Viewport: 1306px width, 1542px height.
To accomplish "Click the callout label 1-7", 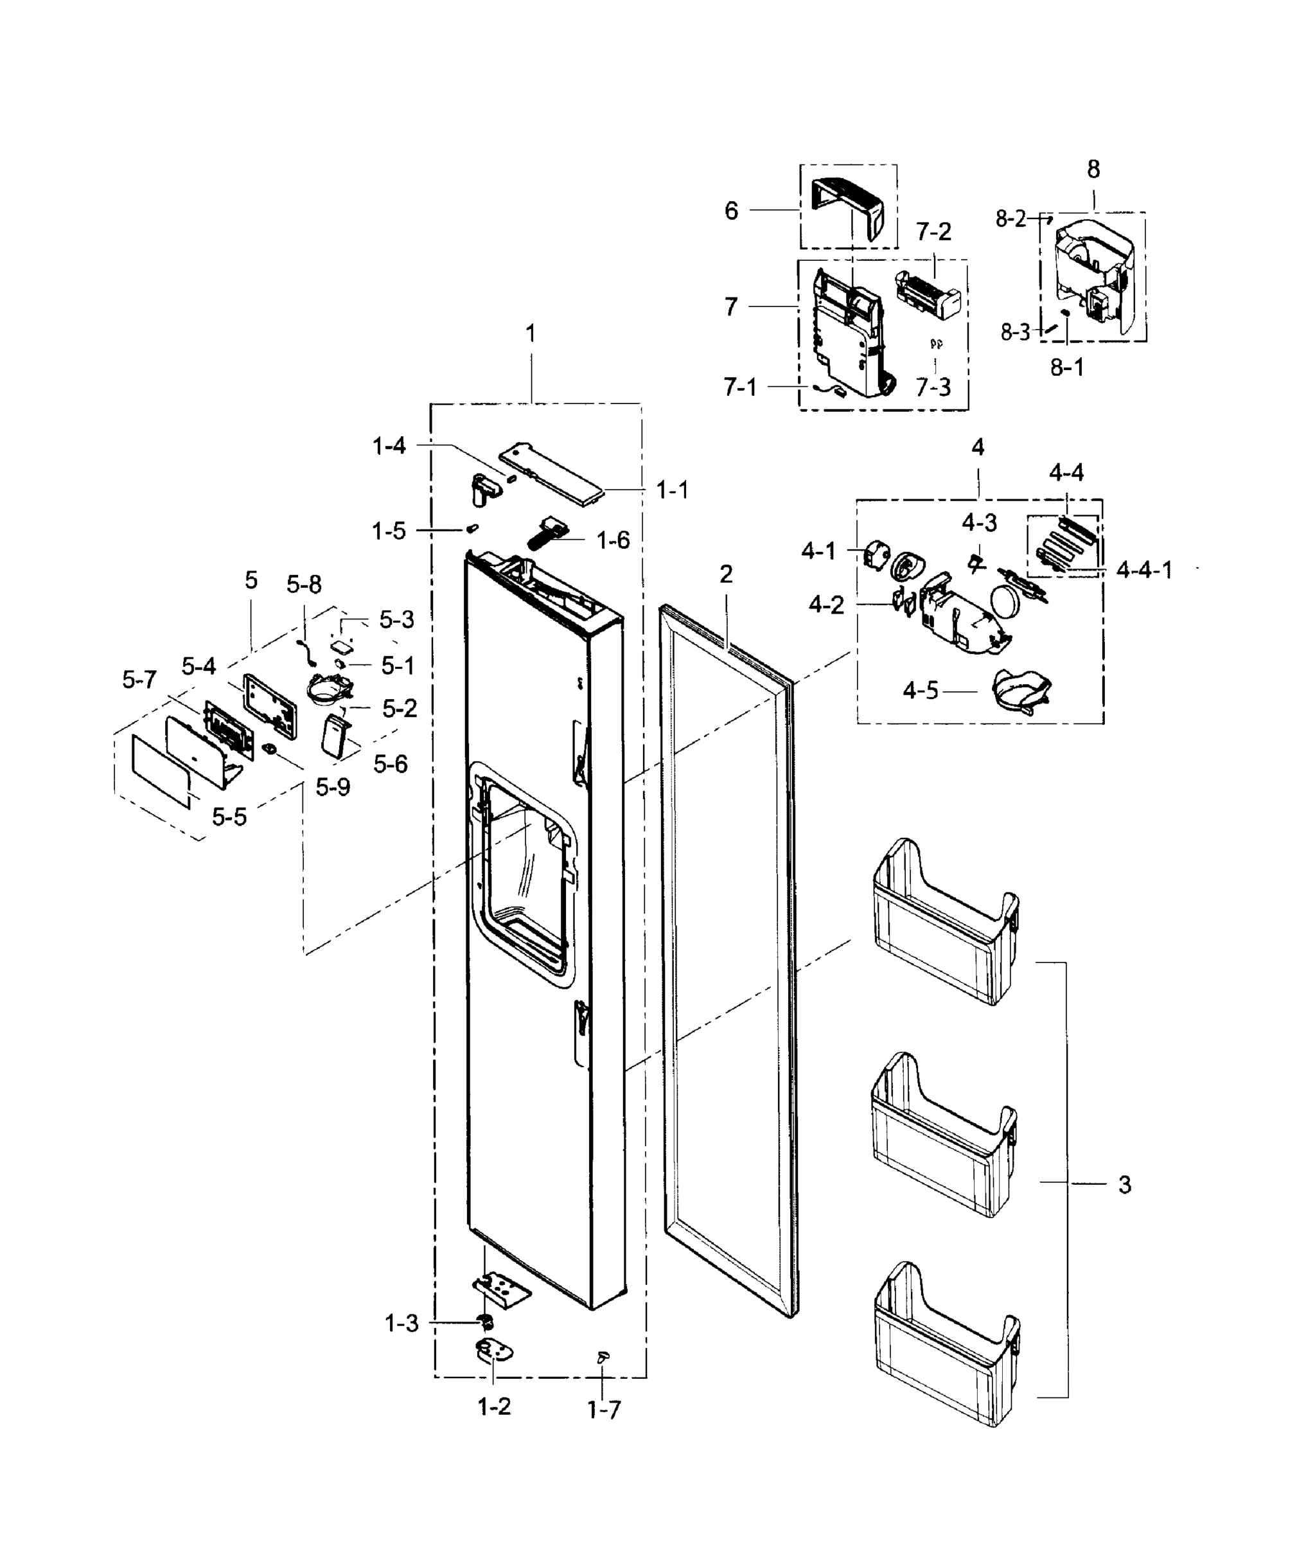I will point(604,1411).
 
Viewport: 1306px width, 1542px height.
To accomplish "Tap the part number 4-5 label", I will point(921,691).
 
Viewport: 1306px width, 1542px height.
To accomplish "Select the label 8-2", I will point(1010,219).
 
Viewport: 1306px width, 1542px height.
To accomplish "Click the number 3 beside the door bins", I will point(1125,1185).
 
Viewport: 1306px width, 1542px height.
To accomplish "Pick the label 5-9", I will point(332,788).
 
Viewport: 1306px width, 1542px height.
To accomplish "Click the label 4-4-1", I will point(1144,570).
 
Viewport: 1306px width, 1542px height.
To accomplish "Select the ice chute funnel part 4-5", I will point(1021,690).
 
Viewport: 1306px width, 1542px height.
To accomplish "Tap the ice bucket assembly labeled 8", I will point(1094,273).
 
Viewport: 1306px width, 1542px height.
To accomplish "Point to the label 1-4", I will point(389,446).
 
